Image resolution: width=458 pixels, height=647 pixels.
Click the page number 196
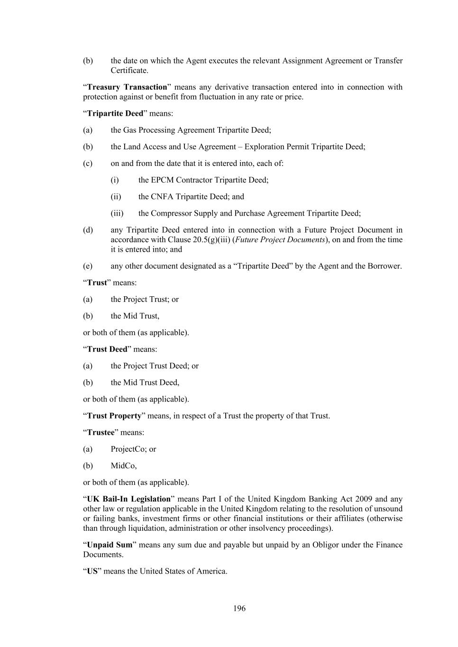pos(239,608)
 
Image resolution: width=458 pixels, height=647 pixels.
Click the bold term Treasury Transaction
pos(127,87)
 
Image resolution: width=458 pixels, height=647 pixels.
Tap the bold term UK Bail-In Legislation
pos(128,499)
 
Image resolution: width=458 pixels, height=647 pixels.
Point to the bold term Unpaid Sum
pos(110,545)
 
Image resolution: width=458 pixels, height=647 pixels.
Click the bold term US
pos(92,571)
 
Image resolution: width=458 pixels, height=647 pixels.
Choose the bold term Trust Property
pos(114,416)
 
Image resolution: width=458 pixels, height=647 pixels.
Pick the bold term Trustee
pos(101,432)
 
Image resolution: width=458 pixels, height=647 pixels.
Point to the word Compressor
pos(172,213)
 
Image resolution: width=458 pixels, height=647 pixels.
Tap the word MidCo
pos(123,465)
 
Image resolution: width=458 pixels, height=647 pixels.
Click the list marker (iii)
pos(117,213)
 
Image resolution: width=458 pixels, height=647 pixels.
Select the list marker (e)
pos(88,266)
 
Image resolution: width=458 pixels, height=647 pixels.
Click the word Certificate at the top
pos(129,71)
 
